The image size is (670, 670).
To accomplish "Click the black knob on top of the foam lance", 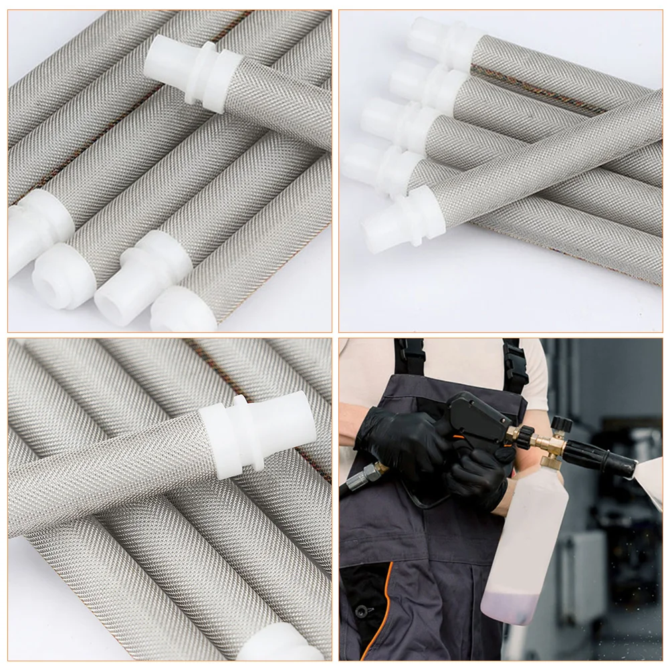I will (x=560, y=423).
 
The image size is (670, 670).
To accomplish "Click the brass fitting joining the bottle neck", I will (x=552, y=459).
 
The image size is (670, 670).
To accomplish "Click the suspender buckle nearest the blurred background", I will (x=514, y=364).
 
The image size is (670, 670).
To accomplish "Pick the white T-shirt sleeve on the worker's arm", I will (x=534, y=364).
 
